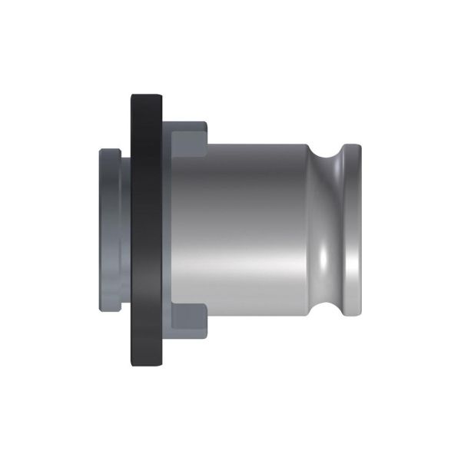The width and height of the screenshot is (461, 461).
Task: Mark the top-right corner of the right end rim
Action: pos(357,146)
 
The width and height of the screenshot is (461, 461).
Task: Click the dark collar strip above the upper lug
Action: pos(184,124)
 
